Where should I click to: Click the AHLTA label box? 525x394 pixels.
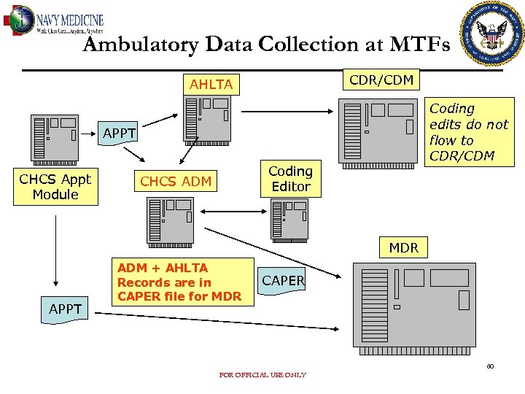coord(211,85)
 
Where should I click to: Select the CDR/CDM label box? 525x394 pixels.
coord(381,80)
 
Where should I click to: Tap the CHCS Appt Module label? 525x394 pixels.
coord(55,187)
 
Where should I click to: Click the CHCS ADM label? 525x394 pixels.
coord(176,182)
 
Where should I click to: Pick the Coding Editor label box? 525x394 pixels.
coord(290,179)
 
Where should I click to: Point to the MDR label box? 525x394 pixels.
coord(403,248)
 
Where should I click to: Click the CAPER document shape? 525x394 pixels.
coord(283,281)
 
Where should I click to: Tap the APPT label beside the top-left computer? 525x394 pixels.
coord(119,134)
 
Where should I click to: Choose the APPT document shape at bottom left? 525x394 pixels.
coord(66,309)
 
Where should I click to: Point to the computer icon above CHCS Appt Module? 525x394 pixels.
coord(55,139)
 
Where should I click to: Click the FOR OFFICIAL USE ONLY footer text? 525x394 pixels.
coord(262,375)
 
